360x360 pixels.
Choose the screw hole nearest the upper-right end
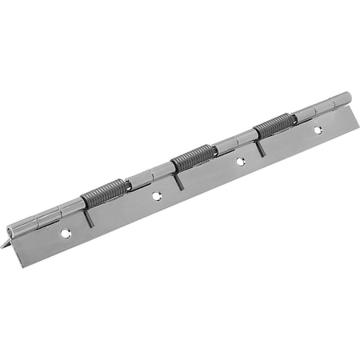coord(317,129)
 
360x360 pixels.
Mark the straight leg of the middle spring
coord(178,179)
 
